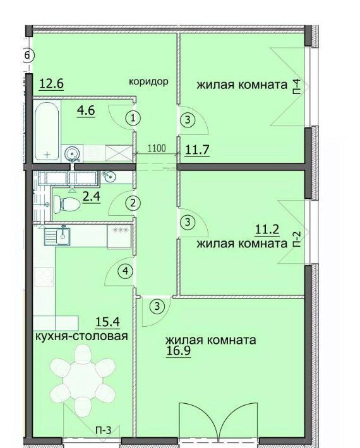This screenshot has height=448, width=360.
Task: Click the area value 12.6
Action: coord(51,85)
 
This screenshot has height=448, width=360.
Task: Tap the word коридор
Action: coord(148,82)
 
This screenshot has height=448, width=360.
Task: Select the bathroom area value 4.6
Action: coord(86,110)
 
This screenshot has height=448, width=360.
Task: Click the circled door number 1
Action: coord(133,118)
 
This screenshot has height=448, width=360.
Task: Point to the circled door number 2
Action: coord(133,203)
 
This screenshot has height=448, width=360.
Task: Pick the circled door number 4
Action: coord(126,271)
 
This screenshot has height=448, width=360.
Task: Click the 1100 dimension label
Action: coord(157,148)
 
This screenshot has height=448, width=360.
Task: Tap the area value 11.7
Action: coord(198,150)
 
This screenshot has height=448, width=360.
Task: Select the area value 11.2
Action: coord(267,229)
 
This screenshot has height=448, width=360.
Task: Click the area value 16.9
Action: coord(178,351)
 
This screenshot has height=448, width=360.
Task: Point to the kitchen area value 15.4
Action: coord(107,322)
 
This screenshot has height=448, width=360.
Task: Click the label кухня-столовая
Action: coord(81,336)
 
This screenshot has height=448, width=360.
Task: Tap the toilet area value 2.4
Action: coord(91,197)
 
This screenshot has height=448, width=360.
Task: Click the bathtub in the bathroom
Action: coord(47,131)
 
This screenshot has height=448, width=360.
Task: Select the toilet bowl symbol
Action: coord(66,203)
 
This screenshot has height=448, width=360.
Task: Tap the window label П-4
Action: coord(297,87)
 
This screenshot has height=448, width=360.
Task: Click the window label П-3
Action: coord(103,430)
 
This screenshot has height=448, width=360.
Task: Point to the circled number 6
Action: coord(27,55)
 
